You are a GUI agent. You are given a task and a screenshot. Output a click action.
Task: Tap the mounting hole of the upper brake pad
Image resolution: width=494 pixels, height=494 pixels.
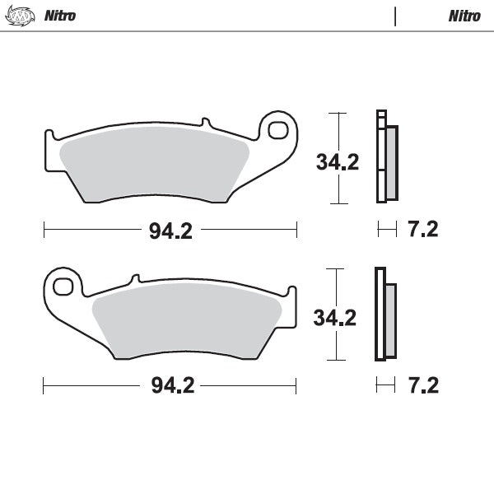pos(277,131)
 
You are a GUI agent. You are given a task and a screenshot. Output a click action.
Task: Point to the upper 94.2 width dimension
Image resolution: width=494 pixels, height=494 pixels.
pos(170,231)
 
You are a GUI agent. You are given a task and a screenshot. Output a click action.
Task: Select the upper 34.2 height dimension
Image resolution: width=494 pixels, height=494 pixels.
pos(338,162)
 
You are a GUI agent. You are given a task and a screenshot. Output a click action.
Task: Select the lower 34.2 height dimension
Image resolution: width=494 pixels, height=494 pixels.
pos(336,317)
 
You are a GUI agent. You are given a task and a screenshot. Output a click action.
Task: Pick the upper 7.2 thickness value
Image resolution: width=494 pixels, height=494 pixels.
pos(422,230)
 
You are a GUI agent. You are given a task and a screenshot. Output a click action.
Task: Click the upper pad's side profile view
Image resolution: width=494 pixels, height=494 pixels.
pos(384,156)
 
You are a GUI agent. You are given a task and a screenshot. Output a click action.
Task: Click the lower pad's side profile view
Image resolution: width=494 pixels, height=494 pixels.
pos(384,315)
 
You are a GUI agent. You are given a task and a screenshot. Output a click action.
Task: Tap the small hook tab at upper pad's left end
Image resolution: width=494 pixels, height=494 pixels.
pos(49,133)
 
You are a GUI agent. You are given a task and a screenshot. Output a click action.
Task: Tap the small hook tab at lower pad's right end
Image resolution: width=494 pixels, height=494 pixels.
pos(291,291)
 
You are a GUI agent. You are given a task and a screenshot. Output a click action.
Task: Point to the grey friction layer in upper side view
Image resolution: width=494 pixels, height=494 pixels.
pos(391,162)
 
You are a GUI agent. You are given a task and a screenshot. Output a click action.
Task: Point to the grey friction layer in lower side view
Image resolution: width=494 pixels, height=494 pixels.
pos(391,320)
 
